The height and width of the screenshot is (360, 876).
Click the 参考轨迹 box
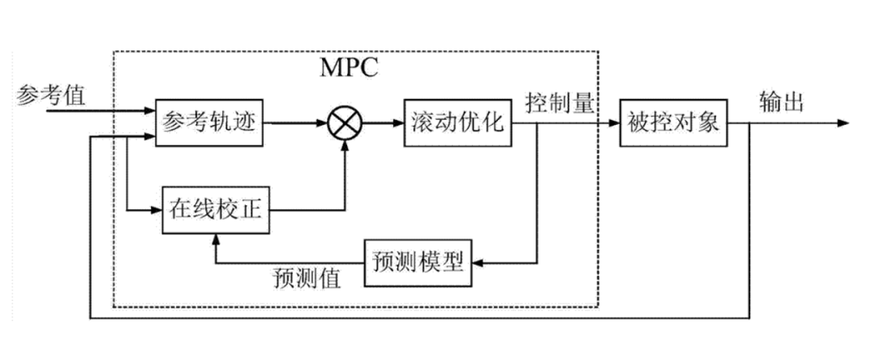(209, 124)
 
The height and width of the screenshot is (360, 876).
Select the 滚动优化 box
(459, 124)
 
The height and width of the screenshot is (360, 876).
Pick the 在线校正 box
(215, 211)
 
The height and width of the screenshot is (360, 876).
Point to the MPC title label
(350, 66)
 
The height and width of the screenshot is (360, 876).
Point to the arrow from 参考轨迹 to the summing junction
(296, 124)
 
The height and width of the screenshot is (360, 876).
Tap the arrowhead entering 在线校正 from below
(215, 238)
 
